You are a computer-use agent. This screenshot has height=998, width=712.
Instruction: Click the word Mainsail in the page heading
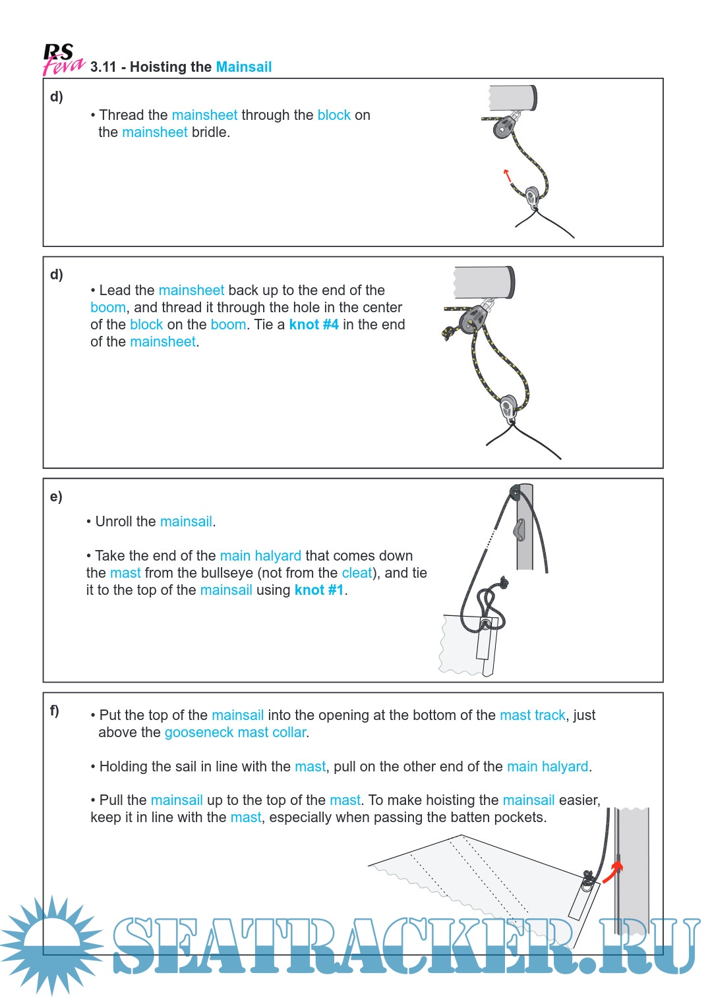click(243, 67)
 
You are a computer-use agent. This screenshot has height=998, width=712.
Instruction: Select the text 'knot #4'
click(314, 325)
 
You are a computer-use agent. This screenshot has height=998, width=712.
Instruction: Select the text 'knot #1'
click(319, 590)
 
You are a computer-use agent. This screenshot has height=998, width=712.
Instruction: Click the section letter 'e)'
click(56, 497)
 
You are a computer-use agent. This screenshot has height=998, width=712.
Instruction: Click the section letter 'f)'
click(55, 711)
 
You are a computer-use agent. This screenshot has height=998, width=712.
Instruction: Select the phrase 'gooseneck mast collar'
click(236, 733)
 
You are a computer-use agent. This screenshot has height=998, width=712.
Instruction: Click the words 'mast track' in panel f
click(532, 715)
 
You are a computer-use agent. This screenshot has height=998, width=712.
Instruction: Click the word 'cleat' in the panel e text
click(357, 573)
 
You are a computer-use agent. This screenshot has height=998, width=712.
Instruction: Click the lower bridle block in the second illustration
click(508, 407)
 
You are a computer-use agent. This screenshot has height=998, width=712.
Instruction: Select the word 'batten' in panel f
click(465, 818)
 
